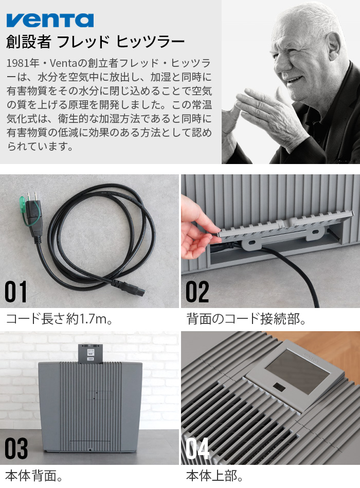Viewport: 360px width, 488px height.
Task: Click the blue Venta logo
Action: point(50,20)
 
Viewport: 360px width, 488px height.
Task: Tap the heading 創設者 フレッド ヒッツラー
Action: point(95,42)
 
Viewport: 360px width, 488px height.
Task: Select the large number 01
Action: point(16,292)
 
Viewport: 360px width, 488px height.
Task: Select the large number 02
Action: point(197,292)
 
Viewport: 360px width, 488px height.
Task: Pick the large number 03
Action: point(16,449)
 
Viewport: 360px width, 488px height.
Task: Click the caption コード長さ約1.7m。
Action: point(59,319)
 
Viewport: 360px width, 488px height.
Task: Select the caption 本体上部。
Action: point(215,476)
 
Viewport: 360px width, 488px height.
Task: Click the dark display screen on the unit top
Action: point(296,372)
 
